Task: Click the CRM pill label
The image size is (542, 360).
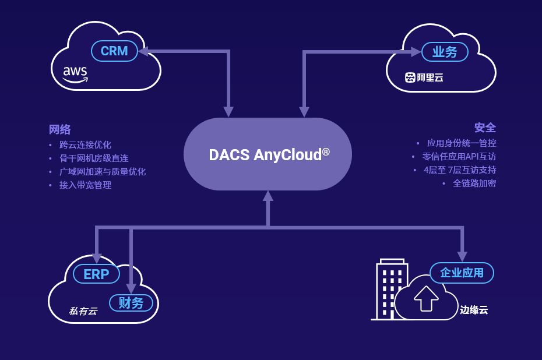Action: [114, 51]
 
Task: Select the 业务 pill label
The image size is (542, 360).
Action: [445, 52]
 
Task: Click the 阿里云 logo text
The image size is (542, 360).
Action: [424, 77]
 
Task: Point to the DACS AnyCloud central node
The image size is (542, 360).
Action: [268, 154]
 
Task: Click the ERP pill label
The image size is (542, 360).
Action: [96, 274]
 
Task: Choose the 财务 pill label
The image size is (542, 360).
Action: [131, 303]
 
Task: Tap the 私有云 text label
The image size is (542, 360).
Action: [83, 311]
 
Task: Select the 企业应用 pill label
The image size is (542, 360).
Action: [462, 273]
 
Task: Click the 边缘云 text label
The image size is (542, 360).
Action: [474, 310]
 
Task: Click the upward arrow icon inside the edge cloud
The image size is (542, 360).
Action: [426, 298]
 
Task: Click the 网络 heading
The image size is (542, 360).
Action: [60, 129]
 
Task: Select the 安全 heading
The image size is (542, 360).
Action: [485, 128]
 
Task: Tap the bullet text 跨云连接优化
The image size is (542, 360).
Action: [85, 145]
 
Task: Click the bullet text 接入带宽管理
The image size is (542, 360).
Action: [85, 185]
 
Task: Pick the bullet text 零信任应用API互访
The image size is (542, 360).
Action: [459, 157]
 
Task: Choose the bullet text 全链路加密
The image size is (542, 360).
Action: [474, 183]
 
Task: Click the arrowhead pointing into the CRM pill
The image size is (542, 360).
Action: [143, 51]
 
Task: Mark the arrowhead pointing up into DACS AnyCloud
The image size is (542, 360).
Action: [268, 196]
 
